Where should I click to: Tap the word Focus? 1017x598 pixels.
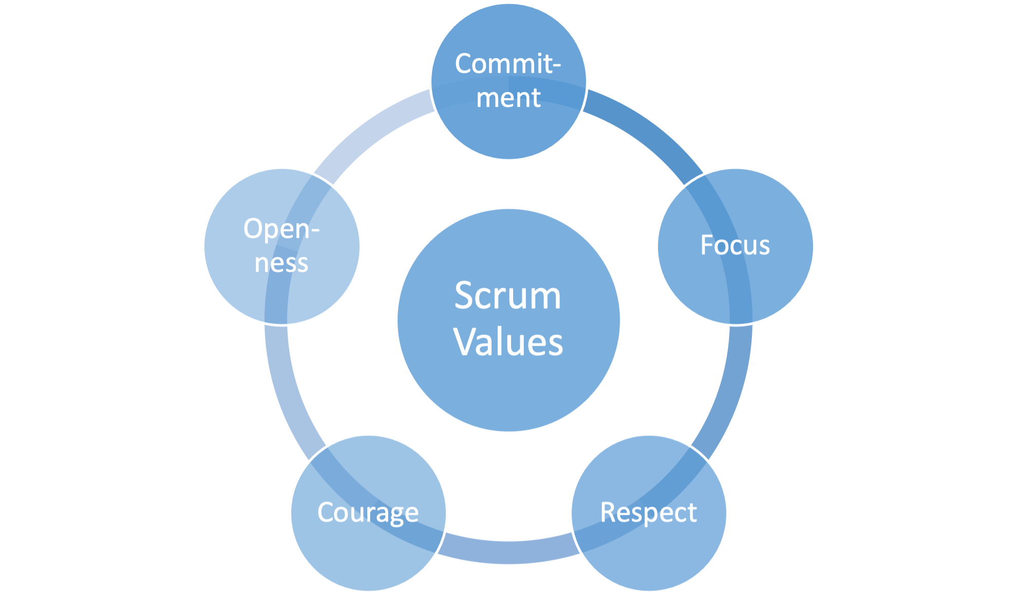pyautogui.click(x=735, y=245)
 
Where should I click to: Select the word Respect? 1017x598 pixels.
pyautogui.click(x=648, y=512)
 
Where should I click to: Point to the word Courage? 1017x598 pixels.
pyautogui.click(x=368, y=512)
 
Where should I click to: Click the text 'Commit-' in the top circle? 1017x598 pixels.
pyautogui.click(x=507, y=64)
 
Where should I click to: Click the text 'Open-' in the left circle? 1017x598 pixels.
pyautogui.click(x=281, y=229)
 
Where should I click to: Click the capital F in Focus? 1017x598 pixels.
pyautogui.click(x=707, y=245)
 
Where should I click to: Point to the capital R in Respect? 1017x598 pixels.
pyautogui.click(x=608, y=512)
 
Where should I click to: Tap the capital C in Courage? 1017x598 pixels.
pyautogui.click(x=326, y=512)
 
